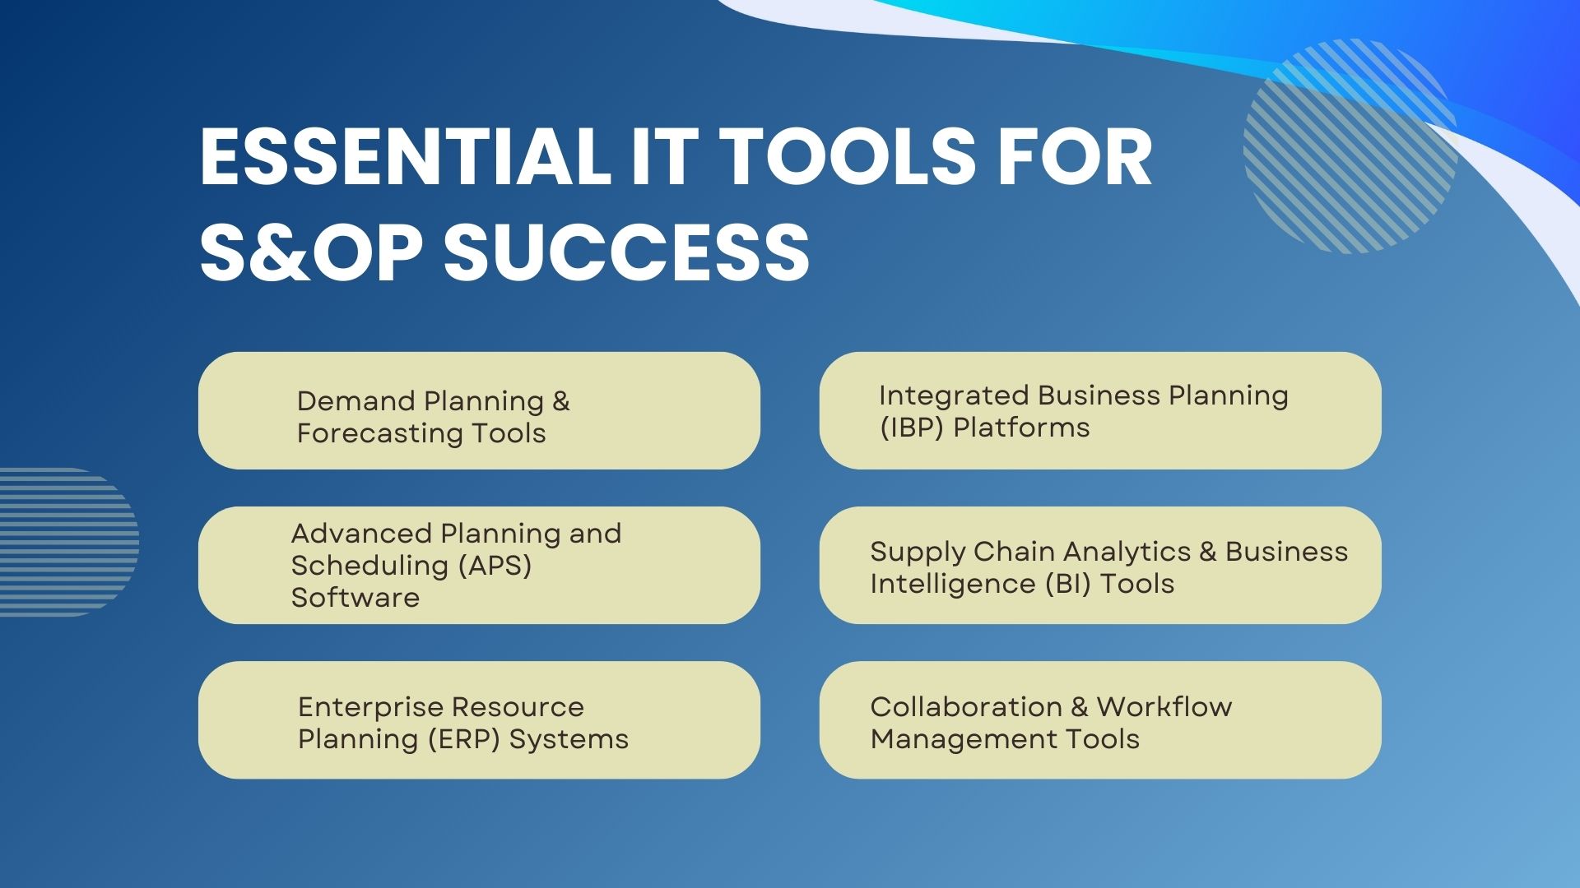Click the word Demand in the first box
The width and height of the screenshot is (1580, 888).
(x=355, y=401)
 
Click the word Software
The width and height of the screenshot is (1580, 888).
(x=355, y=598)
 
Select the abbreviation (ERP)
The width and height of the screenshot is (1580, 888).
(x=464, y=739)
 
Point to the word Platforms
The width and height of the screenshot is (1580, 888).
(x=1021, y=428)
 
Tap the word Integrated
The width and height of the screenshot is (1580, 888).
(x=954, y=396)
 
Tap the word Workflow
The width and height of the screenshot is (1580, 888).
(x=1164, y=707)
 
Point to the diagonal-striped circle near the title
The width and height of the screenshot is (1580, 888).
(x=1350, y=146)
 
